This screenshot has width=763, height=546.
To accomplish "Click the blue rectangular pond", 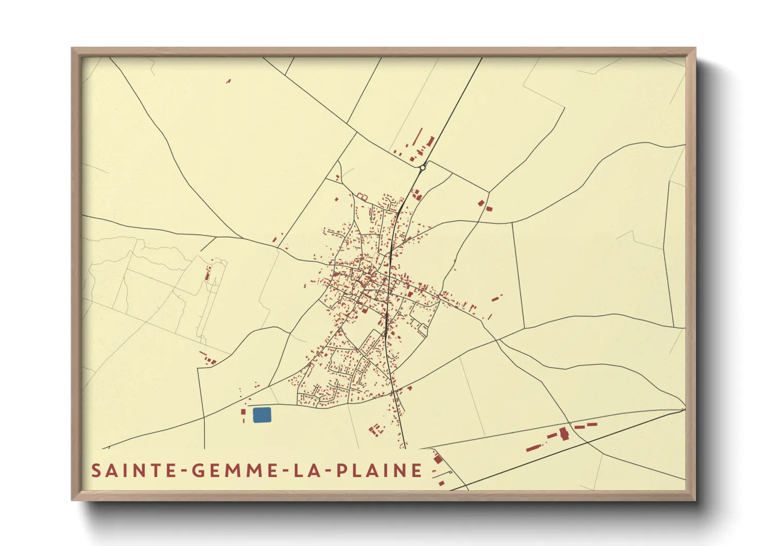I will [x=262, y=415].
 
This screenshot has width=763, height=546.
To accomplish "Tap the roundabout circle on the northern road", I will [x=423, y=168].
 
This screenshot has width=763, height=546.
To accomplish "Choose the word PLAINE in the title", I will [x=379, y=471].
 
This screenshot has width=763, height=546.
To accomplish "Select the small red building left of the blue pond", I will [x=244, y=412].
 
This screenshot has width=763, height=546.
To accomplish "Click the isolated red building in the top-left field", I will [x=228, y=81].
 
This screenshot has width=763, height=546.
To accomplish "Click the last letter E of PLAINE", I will [x=417, y=471].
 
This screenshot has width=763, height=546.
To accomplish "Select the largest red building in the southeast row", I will [x=564, y=433].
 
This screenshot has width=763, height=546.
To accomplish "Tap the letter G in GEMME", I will [x=198, y=471].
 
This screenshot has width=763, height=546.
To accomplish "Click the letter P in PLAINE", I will [x=342, y=471].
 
